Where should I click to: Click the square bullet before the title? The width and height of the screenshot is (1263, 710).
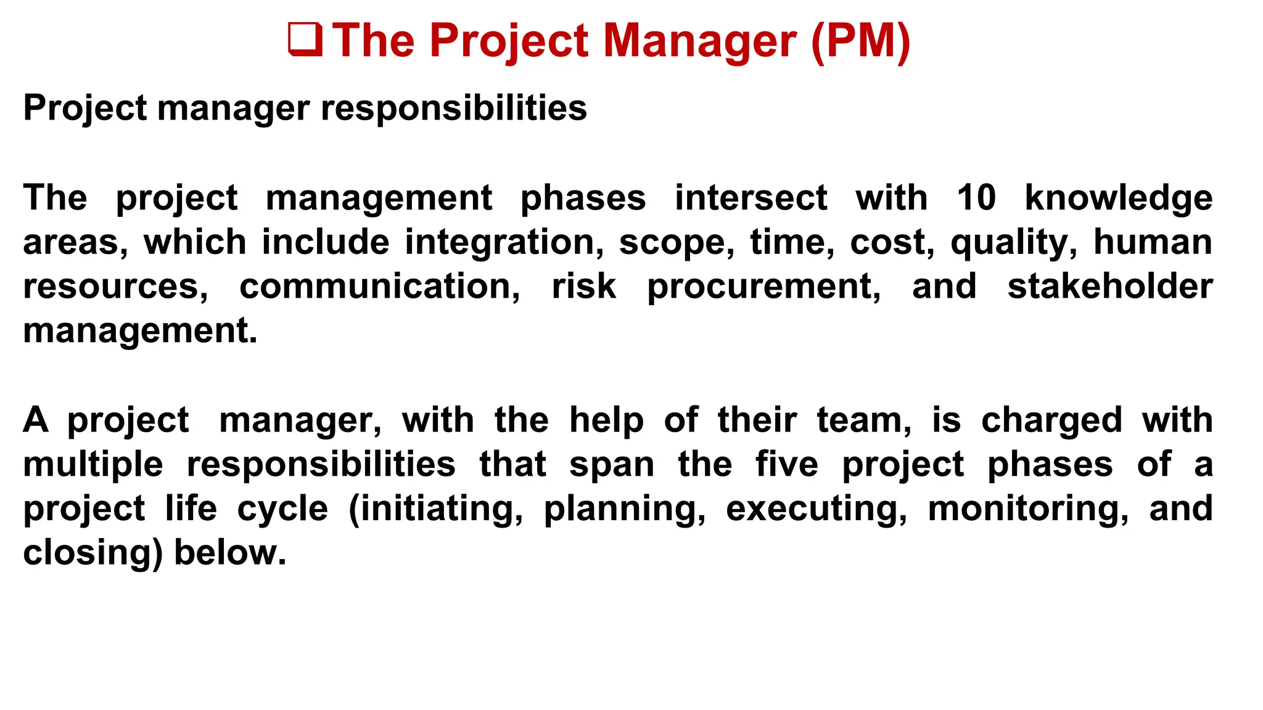tap(305, 40)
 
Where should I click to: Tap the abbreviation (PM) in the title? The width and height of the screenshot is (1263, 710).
tap(860, 41)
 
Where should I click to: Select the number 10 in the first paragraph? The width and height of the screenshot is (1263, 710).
tap(976, 198)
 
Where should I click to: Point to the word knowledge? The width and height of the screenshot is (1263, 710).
tap(1119, 198)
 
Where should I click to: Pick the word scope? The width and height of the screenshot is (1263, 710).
tap(677, 243)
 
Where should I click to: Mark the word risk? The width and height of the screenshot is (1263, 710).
tap(583, 287)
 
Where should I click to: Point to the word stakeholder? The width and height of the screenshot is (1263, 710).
tap(1110, 287)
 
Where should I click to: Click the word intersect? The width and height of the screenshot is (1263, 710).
tap(751, 198)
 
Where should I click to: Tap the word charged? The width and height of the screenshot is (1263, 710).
tap(1051, 421)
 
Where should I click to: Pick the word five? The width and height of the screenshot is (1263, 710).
tap(787, 465)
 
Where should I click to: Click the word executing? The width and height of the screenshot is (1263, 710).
tap(817, 509)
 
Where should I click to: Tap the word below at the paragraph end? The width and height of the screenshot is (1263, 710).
tap(230, 553)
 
